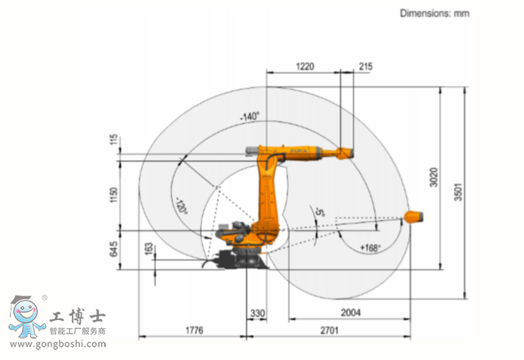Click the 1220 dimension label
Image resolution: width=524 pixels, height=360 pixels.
pyautogui.click(x=304, y=66)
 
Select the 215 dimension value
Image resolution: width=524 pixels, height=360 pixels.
pyautogui.click(x=366, y=66)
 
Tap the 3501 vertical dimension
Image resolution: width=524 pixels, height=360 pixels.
pyautogui.click(x=458, y=192)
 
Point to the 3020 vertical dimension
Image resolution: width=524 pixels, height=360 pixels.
pyautogui.click(x=433, y=177)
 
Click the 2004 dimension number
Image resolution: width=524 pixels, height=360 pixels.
pyautogui.click(x=351, y=313)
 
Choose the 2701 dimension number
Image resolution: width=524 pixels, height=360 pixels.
pyautogui.click(x=329, y=331)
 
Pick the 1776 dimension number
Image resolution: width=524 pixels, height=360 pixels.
pyautogui.click(x=194, y=331)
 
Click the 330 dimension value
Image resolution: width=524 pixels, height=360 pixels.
pyautogui.click(x=257, y=313)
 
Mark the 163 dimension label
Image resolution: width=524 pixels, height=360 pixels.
pyautogui.click(x=149, y=249)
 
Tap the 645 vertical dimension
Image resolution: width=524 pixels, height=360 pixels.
pyautogui.click(x=113, y=249)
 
